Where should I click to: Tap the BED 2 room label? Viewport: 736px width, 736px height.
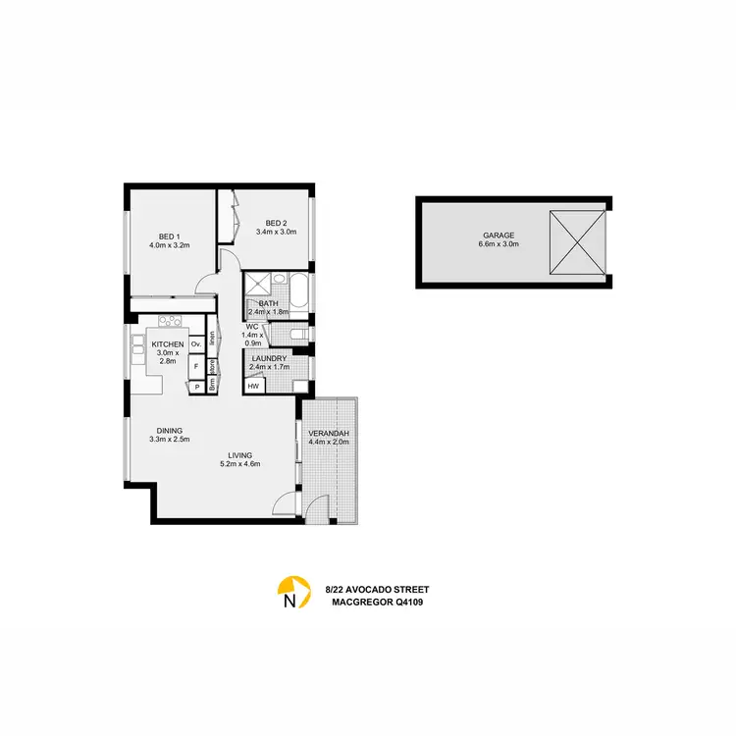tap(276, 223)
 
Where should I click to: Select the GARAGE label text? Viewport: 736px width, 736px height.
tap(499, 236)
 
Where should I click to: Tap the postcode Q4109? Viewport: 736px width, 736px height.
tap(411, 602)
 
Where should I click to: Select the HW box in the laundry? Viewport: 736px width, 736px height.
tap(253, 386)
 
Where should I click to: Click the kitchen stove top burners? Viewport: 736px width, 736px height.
tap(170, 320)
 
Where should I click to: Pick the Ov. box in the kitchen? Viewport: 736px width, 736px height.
tap(196, 343)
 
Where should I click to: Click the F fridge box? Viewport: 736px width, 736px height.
tap(196, 366)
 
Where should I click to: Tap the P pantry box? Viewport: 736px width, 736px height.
tap(196, 387)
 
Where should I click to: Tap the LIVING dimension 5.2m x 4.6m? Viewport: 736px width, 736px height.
tap(239, 465)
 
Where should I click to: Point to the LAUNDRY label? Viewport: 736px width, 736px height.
tap(269, 359)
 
